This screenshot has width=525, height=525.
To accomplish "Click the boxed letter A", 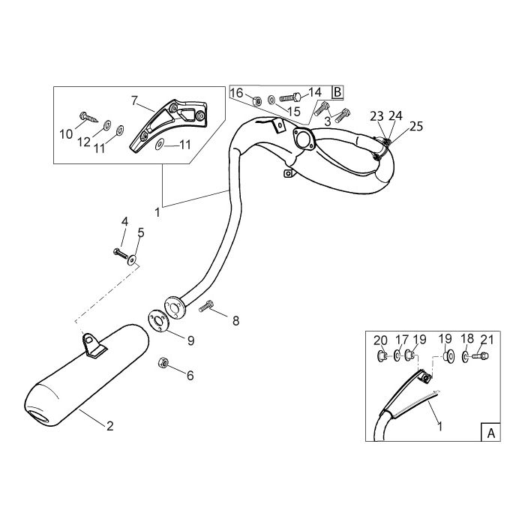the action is (490, 433).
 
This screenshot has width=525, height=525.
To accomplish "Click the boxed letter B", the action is (337, 91).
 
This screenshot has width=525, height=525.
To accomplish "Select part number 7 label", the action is (134, 100).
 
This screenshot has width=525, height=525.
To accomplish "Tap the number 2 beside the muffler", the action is (109, 426).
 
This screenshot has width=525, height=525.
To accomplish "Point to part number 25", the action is (416, 126).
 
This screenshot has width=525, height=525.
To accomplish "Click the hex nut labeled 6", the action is (163, 362).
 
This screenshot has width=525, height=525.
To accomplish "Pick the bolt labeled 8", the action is (206, 306).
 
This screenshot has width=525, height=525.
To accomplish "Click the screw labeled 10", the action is (88, 117).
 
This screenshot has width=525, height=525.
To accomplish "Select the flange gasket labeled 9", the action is (158, 321).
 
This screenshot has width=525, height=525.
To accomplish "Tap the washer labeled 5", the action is (132, 259).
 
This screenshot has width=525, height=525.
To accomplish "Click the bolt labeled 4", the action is (121, 253).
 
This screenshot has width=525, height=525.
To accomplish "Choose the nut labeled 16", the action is (256, 100).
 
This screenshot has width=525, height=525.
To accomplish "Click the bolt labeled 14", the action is (290, 97).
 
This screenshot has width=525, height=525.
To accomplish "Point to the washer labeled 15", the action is (271, 99).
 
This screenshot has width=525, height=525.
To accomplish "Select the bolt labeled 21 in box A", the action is (480, 356).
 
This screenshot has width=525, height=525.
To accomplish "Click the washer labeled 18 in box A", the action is (466, 356).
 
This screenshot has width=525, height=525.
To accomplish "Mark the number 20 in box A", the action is (380, 340).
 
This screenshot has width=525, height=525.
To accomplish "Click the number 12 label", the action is (84, 142).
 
